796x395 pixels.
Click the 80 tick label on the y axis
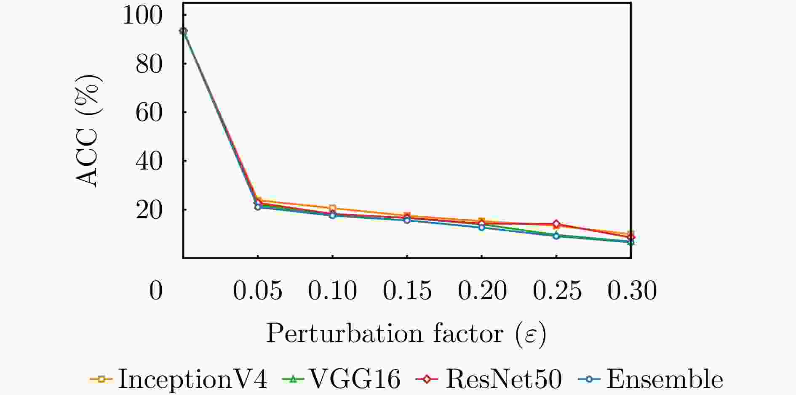149,65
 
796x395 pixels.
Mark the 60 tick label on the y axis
149,114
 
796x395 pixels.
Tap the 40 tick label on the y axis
149,162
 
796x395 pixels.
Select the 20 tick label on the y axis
149,211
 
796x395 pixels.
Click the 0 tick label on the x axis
156,291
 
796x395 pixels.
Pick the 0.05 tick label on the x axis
258,291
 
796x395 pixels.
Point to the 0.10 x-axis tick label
333,291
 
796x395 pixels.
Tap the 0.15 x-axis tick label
407,291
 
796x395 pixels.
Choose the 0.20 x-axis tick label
482,291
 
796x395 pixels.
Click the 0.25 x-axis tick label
557,291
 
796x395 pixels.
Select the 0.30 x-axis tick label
632,291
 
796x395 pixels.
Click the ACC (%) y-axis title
89,130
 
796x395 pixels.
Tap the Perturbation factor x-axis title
406,334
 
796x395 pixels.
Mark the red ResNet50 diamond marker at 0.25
556,224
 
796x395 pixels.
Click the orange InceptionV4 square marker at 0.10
333,208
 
